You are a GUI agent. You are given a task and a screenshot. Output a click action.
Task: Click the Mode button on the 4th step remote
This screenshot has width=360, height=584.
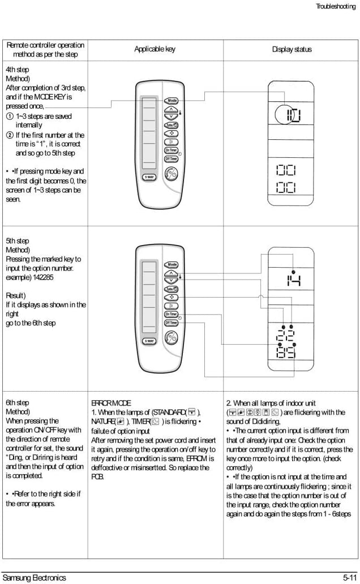point(172,101)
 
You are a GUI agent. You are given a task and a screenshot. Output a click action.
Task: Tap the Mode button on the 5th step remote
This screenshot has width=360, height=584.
point(172,265)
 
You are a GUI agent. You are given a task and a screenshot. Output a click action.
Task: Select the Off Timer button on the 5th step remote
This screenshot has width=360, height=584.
point(171,323)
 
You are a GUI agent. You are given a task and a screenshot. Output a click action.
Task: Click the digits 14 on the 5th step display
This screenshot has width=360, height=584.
point(293,279)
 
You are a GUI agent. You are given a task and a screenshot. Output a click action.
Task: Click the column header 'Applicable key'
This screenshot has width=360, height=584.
point(155,49)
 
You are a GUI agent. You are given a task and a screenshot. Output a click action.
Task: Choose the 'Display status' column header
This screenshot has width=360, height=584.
point(292,49)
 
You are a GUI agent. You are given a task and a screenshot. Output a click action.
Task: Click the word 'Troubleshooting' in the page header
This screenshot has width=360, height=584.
point(335,6)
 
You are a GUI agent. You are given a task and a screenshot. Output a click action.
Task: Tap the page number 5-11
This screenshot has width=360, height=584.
point(349,578)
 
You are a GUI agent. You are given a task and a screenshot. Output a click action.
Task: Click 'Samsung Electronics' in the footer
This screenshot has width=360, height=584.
point(34,578)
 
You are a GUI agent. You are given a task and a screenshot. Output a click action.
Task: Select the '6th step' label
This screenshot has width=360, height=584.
point(17,403)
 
